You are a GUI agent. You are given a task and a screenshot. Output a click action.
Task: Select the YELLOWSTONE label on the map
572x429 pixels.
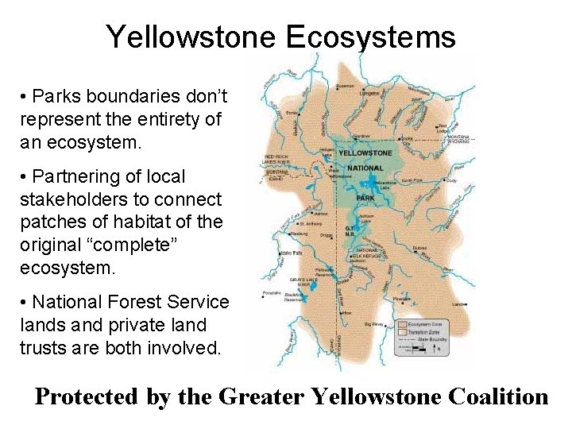[x=365, y=153]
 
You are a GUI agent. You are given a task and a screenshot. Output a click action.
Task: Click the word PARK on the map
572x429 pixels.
[x=366, y=199]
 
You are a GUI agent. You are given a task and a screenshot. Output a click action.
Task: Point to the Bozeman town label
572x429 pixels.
[x=346, y=86]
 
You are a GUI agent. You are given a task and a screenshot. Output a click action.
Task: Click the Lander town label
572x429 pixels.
[x=459, y=303]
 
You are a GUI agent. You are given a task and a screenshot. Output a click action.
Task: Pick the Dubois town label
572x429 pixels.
[x=420, y=247]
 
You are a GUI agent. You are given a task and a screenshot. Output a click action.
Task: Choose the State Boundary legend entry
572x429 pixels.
[x=434, y=339]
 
